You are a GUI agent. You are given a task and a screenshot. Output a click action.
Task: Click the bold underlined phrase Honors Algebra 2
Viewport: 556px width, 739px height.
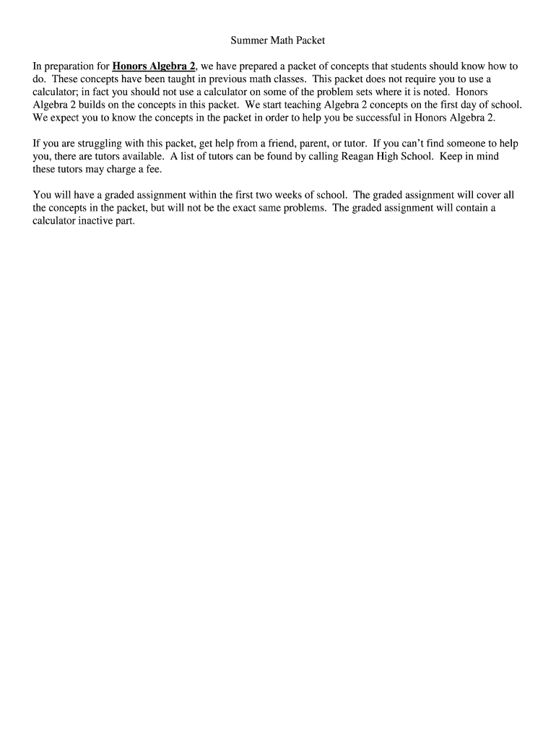pos(154,66)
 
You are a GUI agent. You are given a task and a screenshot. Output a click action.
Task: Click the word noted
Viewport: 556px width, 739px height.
pos(433,92)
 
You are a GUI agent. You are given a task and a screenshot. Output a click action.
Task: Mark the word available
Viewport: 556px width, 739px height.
pos(139,157)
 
